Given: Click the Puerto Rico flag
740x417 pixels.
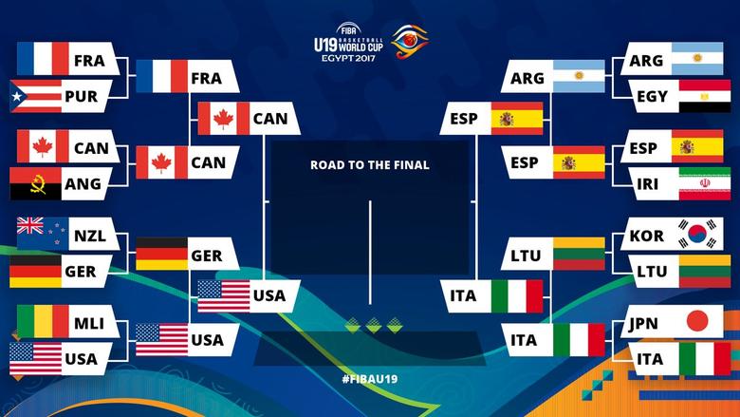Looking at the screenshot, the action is [36, 96].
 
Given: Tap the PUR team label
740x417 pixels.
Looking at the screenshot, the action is [82, 96].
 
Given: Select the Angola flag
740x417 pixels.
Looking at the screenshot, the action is [36, 183].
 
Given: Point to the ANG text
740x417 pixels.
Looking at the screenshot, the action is [83, 183].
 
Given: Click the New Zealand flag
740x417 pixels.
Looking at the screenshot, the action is [43, 234].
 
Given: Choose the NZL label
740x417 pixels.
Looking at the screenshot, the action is [90, 236].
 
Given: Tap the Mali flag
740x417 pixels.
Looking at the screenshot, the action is [43, 322].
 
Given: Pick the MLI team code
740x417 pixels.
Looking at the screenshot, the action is [89, 324].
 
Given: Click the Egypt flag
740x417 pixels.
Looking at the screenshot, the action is [705, 96].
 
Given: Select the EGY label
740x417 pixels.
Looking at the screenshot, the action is [652, 96].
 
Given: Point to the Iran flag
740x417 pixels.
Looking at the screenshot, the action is [705, 183].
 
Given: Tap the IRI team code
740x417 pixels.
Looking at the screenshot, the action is [647, 183].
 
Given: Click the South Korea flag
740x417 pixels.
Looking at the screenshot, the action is [697, 234].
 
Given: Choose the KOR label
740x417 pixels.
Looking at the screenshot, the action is [647, 236].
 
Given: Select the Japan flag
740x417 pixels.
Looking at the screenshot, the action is [697, 322].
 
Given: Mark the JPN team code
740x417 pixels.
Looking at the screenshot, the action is [644, 324].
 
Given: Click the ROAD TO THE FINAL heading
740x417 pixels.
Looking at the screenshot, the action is [370, 165].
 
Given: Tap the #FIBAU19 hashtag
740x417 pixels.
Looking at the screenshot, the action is [370, 379].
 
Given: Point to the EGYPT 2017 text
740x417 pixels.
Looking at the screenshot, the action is [348, 58].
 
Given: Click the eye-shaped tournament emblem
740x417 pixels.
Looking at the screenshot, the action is [410, 42].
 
